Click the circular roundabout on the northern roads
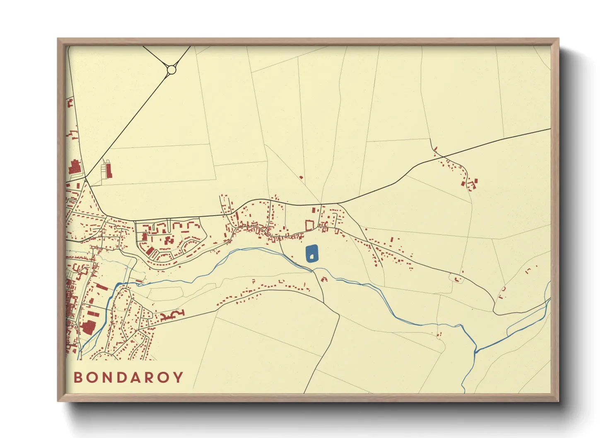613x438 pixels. tap(171, 70)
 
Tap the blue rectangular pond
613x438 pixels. tap(312, 253)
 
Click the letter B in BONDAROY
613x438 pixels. tap(78, 377)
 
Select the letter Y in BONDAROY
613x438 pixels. tap(179, 377)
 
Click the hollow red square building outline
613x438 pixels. tap(309, 226)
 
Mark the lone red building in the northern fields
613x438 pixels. tap(301, 178)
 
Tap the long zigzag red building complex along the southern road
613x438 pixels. tap(172, 315)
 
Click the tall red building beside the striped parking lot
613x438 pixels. tap(109, 170)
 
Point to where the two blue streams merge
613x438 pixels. tap(476, 352)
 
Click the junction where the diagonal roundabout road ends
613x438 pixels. tap(85, 178)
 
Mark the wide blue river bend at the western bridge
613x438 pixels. tap(117, 286)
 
